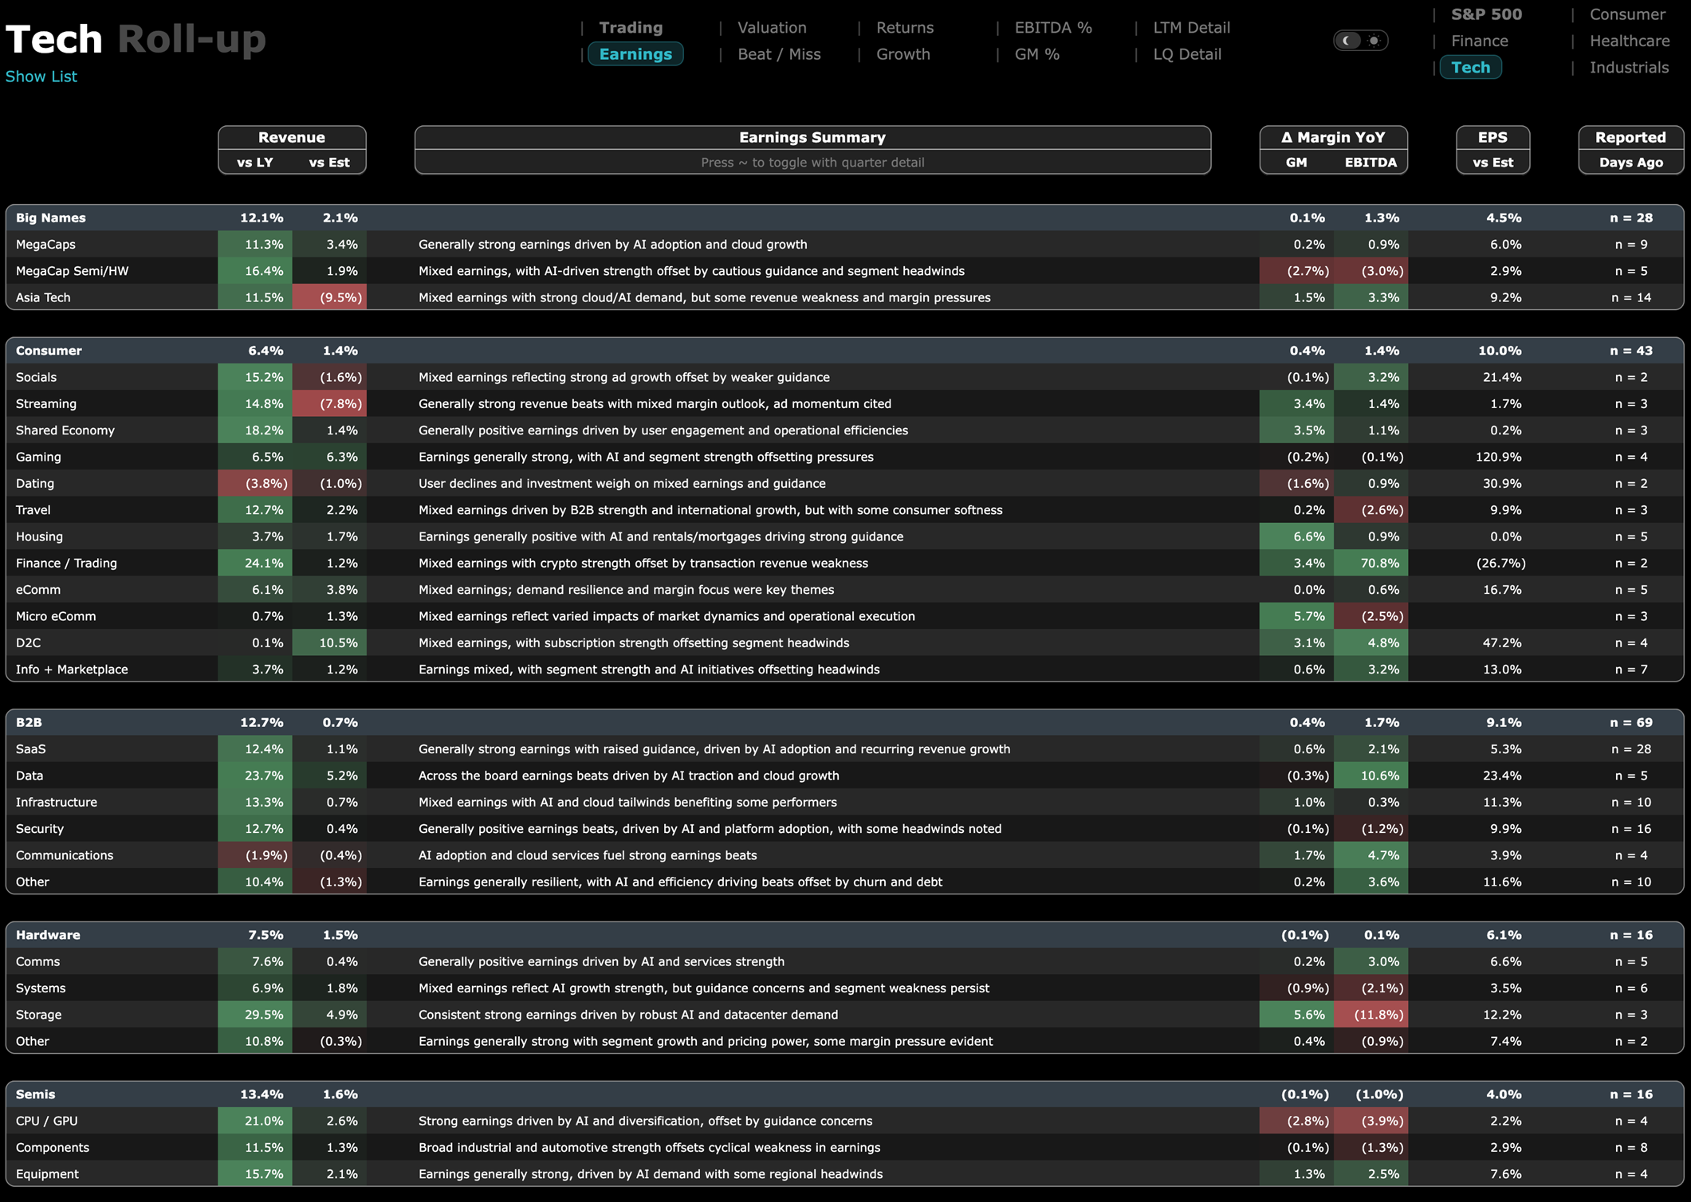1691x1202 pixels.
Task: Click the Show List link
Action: click(41, 77)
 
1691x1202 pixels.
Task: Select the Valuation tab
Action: click(772, 28)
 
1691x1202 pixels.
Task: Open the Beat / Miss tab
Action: click(779, 54)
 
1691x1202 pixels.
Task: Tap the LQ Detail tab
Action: click(1187, 54)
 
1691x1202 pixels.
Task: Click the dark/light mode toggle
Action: click(1361, 41)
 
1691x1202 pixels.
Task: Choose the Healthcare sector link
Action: click(1629, 41)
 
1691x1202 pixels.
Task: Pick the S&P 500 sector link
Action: click(1486, 14)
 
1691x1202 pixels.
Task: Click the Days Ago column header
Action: click(1630, 163)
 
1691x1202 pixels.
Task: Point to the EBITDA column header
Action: click(1370, 163)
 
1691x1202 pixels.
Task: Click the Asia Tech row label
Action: click(43, 297)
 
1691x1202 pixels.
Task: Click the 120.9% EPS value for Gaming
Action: click(1499, 457)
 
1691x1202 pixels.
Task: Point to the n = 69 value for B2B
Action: click(1630, 722)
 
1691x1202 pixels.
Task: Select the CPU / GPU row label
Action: click(47, 1121)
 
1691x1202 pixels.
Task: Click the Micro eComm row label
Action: click(56, 616)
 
